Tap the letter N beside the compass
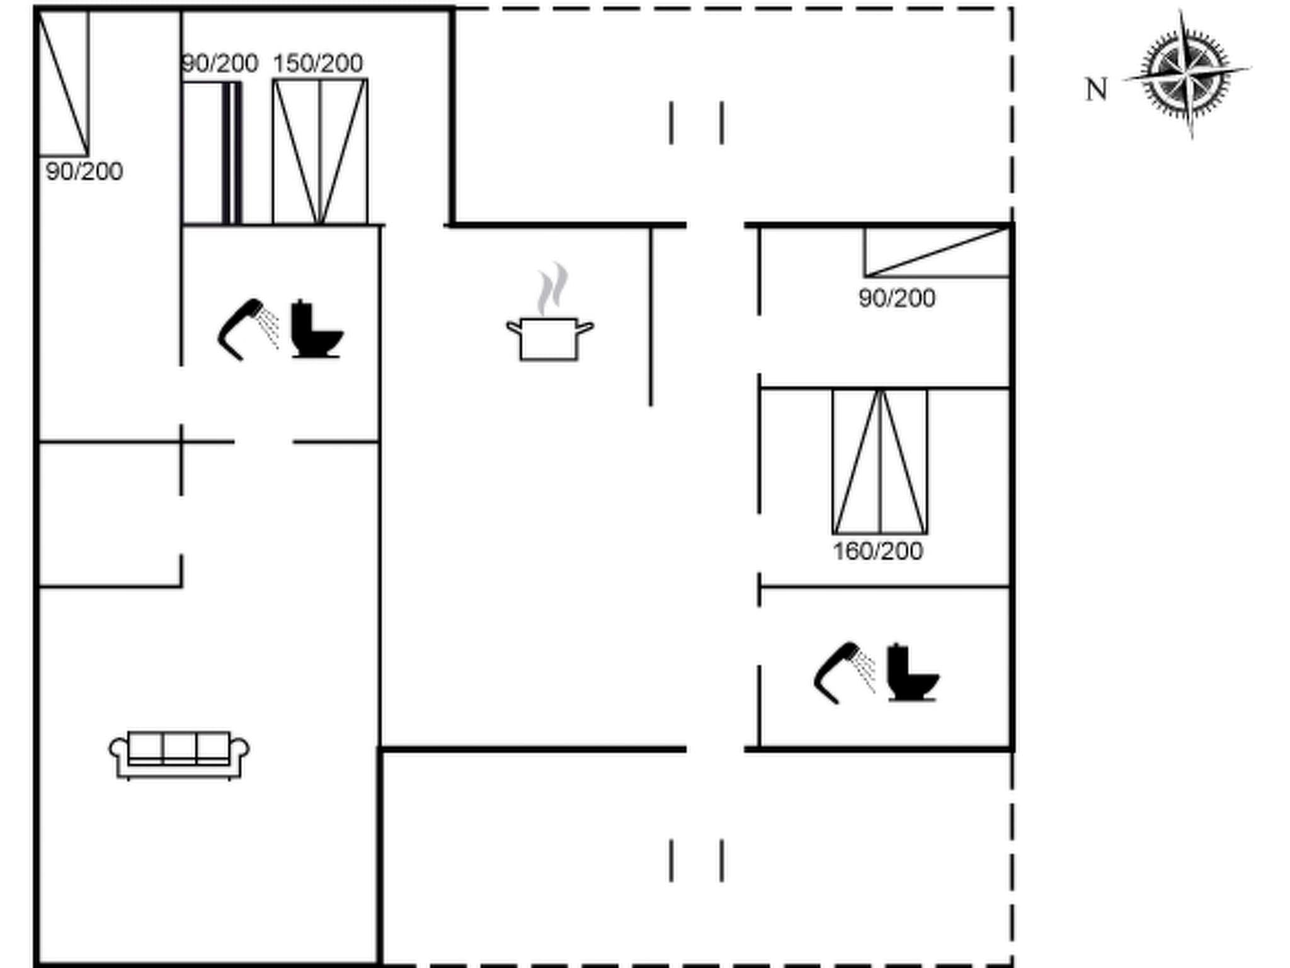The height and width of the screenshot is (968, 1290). point(1096,89)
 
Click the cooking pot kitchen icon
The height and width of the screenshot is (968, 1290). point(549,338)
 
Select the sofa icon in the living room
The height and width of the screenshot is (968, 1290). point(179,754)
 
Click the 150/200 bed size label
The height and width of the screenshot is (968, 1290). point(317,64)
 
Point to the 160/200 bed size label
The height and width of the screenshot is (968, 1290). point(877,551)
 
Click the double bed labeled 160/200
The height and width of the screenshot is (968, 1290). point(880,461)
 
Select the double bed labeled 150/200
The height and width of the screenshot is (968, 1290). point(320,151)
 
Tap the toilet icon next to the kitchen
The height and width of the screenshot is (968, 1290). point(316,330)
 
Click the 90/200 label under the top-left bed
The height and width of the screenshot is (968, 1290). point(84,171)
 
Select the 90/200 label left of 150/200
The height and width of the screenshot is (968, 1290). point(220,64)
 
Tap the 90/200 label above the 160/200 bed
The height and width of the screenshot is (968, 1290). point(896,298)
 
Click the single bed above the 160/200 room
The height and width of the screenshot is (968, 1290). point(937,252)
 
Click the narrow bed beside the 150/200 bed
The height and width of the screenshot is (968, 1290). point(212,153)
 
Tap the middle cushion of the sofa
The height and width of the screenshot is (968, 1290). point(179,747)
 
